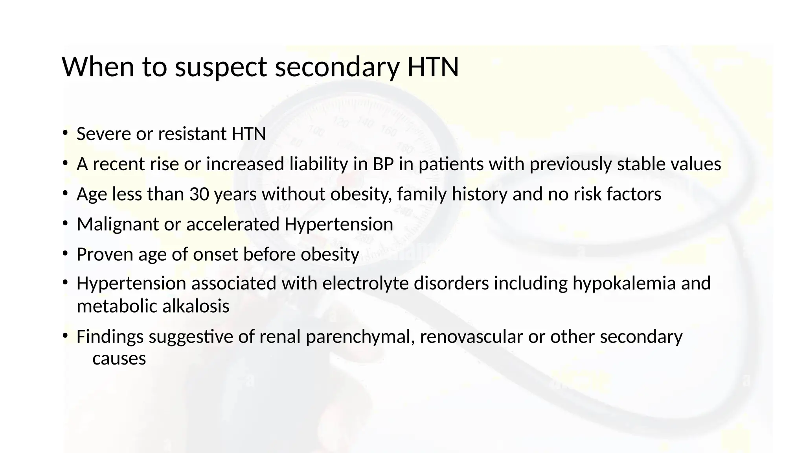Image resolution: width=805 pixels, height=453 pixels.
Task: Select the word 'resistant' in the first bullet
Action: [x=192, y=134]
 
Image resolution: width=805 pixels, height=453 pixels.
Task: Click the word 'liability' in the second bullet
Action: [x=318, y=164]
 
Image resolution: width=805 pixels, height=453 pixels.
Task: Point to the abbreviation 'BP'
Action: [x=383, y=164]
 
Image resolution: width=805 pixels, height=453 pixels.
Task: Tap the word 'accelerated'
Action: [x=233, y=225]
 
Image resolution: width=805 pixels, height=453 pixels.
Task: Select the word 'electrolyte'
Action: [x=365, y=284]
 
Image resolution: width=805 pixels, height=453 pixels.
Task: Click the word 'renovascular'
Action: [x=471, y=337]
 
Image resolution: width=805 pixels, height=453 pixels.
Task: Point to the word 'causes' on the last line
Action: [x=119, y=359]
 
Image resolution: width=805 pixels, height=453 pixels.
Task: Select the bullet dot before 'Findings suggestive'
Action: [x=65, y=335]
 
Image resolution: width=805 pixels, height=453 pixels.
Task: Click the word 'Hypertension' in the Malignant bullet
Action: [x=338, y=225]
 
